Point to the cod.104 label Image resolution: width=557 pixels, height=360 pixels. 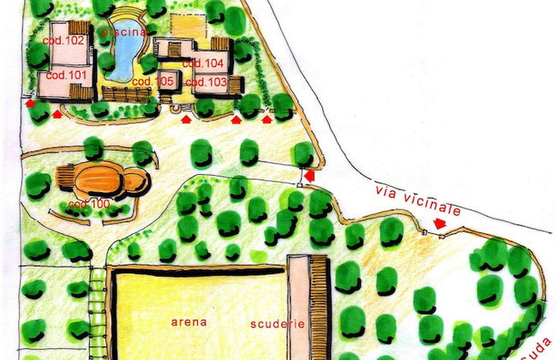(207, 63)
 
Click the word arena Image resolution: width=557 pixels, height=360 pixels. (189, 323)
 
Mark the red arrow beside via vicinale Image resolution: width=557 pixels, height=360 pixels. (440, 224)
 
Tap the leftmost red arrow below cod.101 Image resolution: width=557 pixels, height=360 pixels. (30, 104)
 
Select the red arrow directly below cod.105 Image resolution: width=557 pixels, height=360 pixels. (186, 120)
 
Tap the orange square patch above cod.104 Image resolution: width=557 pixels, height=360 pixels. (188, 27)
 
